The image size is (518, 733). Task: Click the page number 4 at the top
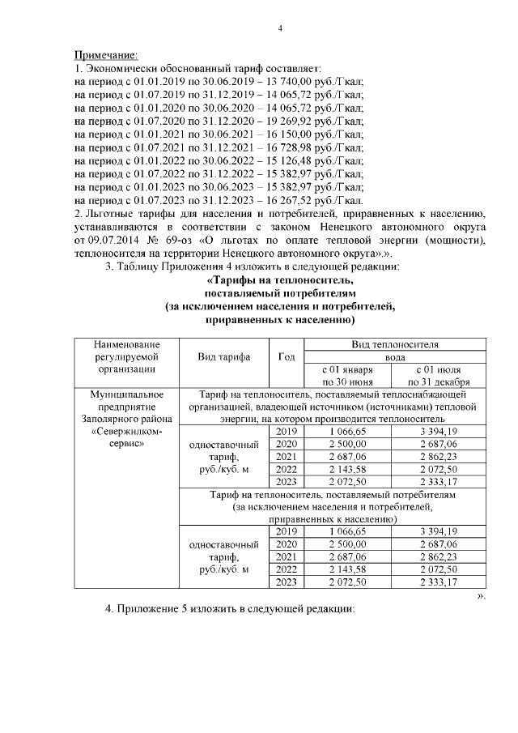tap(279, 30)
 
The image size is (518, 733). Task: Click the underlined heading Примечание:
tap(106, 55)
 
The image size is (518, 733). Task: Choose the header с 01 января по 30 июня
tap(346, 376)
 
